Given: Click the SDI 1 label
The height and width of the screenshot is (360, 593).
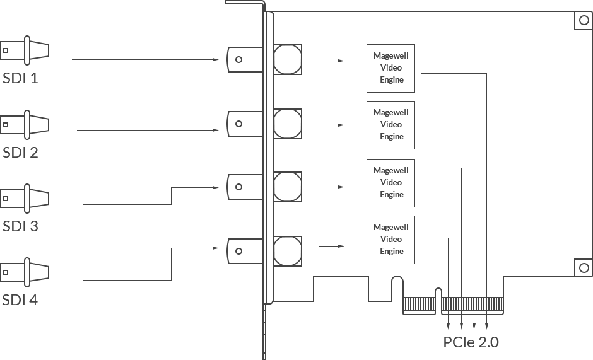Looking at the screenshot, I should pyautogui.click(x=20, y=79).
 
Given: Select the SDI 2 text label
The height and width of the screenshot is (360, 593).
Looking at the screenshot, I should pyautogui.click(x=20, y=153).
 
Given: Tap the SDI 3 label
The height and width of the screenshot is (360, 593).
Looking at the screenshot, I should pyautogui.click(x=20, y=226).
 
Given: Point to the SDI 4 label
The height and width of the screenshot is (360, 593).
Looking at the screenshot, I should pyautogui.click(x=20, y=300).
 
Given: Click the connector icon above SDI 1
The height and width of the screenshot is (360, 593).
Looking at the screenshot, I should pyautogui.click(x=25, y=50).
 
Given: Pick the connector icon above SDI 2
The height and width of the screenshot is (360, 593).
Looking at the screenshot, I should pyautogui.click(x=25, y=124).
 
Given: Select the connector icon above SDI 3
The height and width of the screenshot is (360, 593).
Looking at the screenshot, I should pyautogui.click(x=25, y=198).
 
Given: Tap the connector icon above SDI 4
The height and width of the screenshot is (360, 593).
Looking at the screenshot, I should pyautogui.click(x=25, y=272).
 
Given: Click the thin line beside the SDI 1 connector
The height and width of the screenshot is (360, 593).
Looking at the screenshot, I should pyautogui.click(x=144, y=59).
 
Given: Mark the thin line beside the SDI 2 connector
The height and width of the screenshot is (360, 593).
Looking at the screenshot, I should pyautogui.click(x=147, y=130).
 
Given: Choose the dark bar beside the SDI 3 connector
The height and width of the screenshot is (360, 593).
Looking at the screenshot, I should pyautogui.click(x=151, y=195).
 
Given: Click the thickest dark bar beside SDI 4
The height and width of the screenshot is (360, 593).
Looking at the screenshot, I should pyautogui.click(x=151, y=264).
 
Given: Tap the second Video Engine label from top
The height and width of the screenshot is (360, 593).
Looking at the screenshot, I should pyautogui.click(x=393, y=124).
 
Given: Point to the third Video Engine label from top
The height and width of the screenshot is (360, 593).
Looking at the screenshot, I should pyautogui.click(x=393, y=182).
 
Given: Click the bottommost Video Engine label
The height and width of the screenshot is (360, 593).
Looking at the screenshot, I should pyautogui.click(x=393, y=239).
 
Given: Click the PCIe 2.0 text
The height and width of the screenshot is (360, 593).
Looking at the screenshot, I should pyautogui.click(x=471, y=342).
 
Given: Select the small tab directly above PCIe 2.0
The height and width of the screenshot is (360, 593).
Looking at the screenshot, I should pyautogui.click(x=454, y=323).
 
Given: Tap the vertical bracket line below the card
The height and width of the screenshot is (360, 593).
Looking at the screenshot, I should pyautogui.click(x=264, y=332).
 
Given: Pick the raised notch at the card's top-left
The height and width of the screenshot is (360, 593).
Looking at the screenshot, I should pyautogui.click(x=249, y=4).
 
